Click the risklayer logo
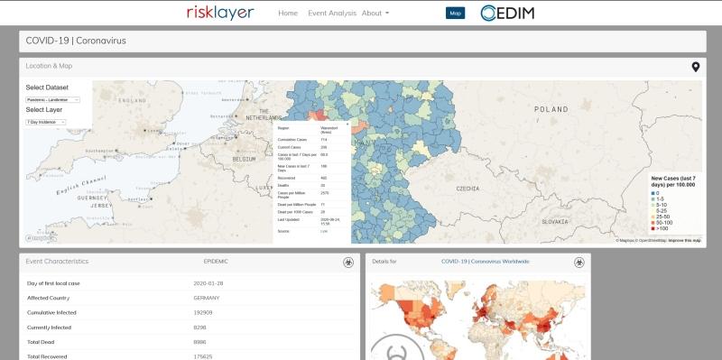(220, 14)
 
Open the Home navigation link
(288, 14)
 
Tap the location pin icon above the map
(696, 67)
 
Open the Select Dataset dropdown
(53, 99)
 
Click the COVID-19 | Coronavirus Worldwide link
(485, 261)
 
